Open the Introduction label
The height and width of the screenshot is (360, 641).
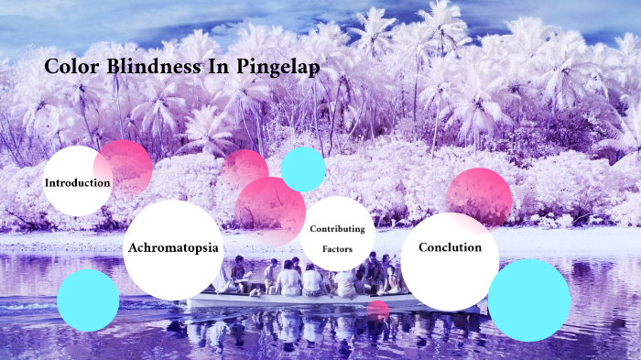pyautogui.click(x=78, y=182)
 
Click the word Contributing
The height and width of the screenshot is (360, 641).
pyautogui.click(x=337, y=228)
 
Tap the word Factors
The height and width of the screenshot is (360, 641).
pyautogui.click(x=337, y=247)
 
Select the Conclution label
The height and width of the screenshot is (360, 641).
pyautogui.click(x=449, y=247)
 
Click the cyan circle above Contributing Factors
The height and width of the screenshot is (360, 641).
pyautogui.click(x=303, y=169)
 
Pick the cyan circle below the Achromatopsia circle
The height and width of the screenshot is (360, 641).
pyautogui.click(x=88, y=300)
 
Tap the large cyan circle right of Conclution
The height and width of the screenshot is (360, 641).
pyautogui.click(x=528, y=300)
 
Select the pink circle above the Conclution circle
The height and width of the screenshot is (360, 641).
pyautogui.click(x=479, y=195)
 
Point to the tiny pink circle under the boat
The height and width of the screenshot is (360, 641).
pyautogui.click(x=377, y=310)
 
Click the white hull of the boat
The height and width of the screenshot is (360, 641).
pyautogui.click(x=275, y=301)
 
